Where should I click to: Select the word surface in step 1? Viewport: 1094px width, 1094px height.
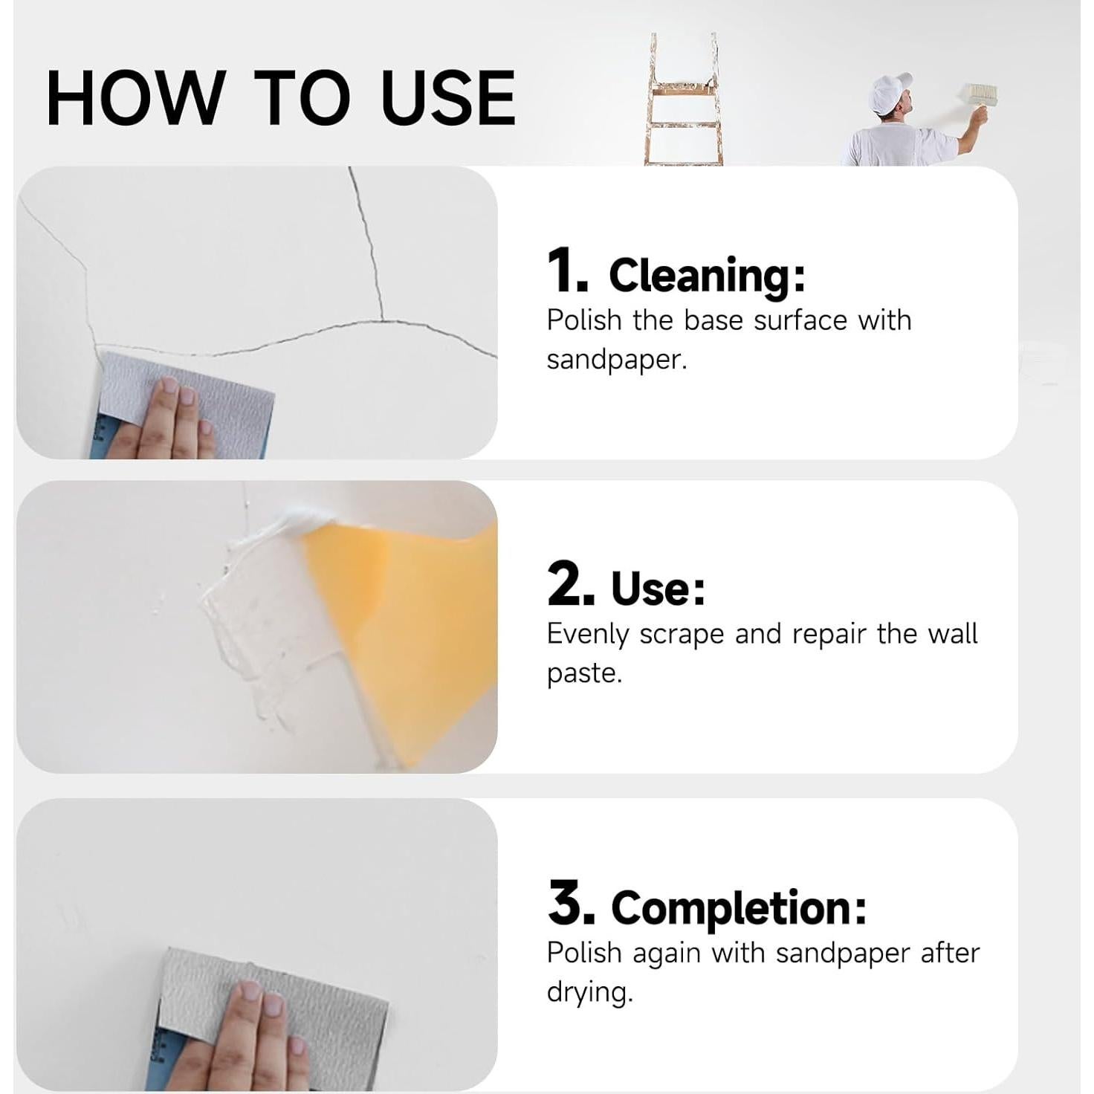[800, 321]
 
